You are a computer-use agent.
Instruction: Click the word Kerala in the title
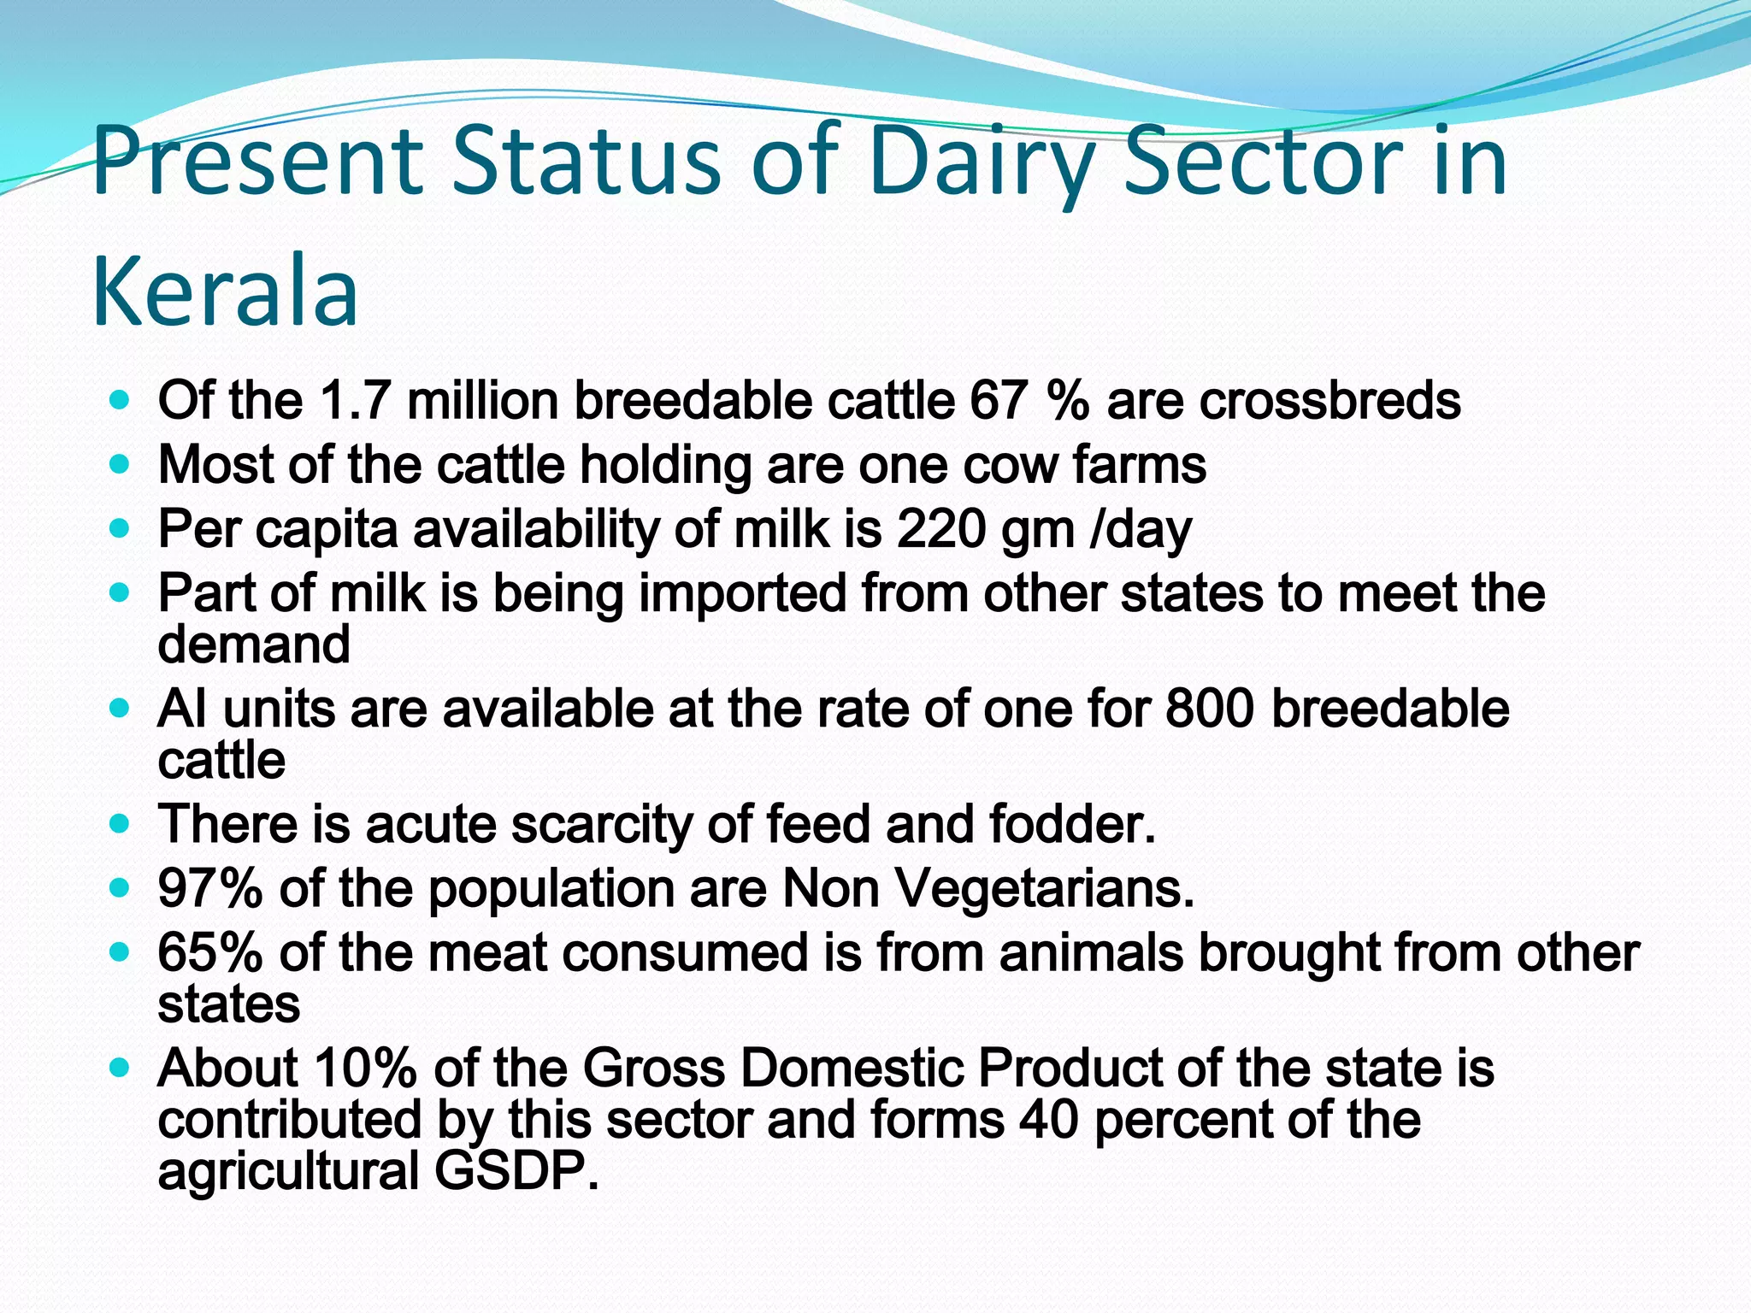pos(224,291)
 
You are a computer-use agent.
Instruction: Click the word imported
pos(742,593)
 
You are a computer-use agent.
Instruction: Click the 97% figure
pos(210,888)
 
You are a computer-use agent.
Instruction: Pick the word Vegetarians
pos(1044,888)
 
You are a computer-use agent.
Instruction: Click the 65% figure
pos(210,952)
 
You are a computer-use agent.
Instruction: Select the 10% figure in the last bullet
pos(365,1069)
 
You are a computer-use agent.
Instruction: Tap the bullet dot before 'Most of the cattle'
pos(121,465)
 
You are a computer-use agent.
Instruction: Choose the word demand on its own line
pos(254,645)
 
